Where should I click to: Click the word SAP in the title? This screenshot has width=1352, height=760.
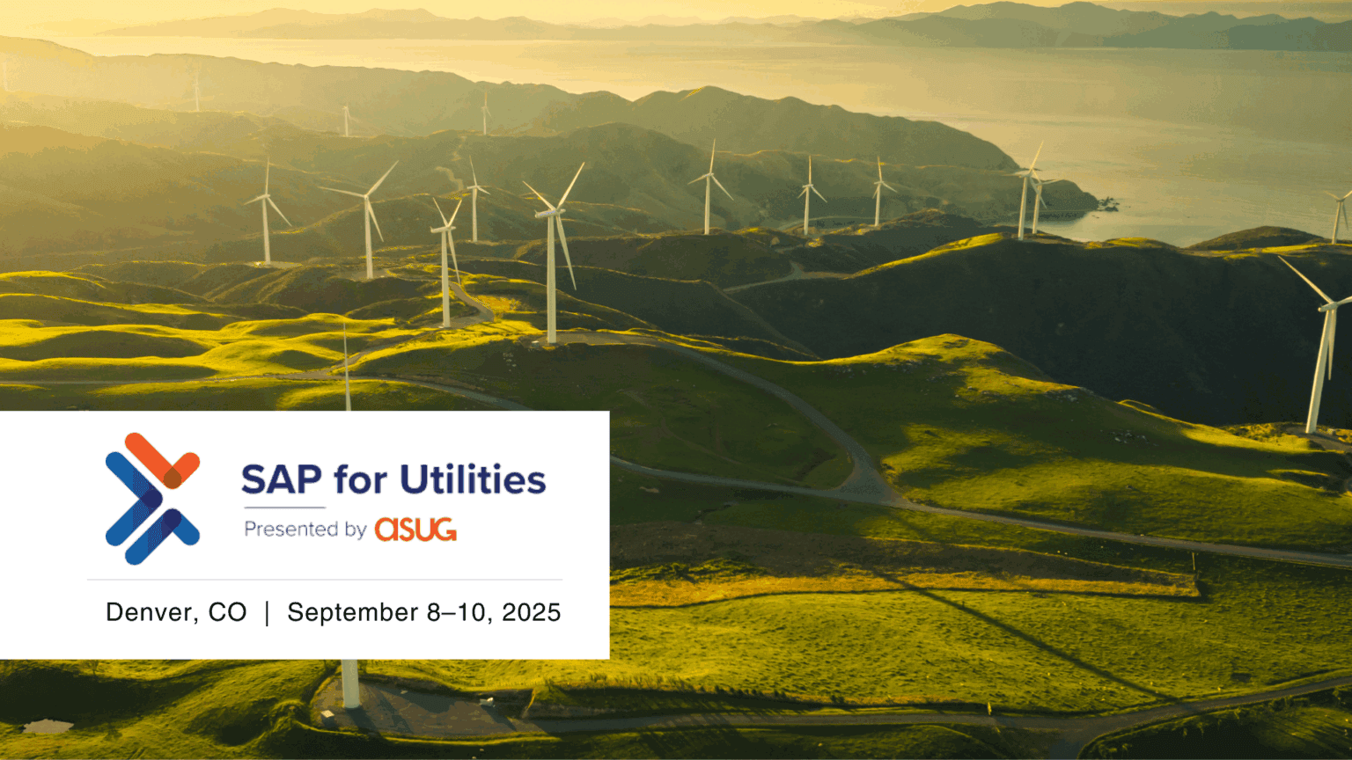[282, 479]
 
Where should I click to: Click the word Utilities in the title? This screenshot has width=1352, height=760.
[473, 479]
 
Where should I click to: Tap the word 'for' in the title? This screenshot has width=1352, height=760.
[360, 479]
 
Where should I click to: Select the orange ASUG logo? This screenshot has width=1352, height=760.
[415, 530]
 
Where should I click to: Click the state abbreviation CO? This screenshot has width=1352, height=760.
[228, 612]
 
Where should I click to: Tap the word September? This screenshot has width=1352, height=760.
[352, 613]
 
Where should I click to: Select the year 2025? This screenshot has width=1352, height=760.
[531, 612]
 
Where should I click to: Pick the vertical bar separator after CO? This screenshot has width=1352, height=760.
[267, 613]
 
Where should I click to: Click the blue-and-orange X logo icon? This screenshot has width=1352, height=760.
[152, 499]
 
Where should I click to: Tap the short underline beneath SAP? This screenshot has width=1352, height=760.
[285, 508]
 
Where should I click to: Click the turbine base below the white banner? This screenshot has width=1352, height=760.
[350, 684]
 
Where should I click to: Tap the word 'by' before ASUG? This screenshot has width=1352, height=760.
[356, 530]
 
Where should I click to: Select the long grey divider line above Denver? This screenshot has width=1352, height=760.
[325, 580]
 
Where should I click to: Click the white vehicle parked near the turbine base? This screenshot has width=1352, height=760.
[328, 715]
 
